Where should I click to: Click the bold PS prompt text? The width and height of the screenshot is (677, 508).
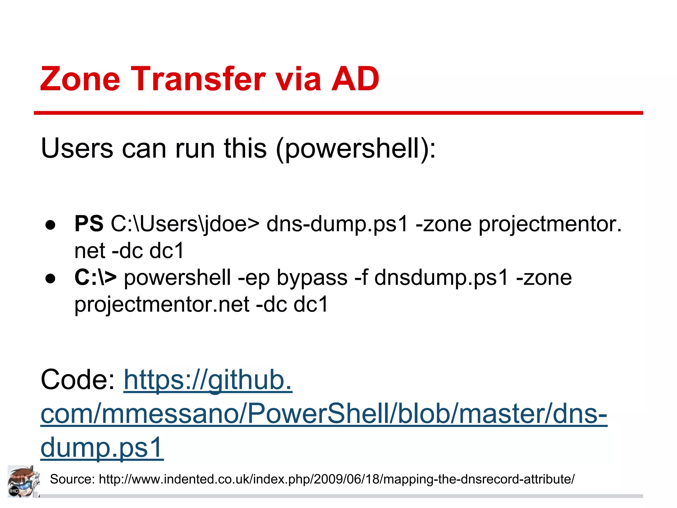click(x=89, y=224)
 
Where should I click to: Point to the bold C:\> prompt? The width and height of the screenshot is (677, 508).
click(x=95, y=277)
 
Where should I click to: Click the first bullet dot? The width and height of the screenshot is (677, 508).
click(x=51, y=225)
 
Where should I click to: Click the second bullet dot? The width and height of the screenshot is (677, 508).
click(x=51, y=278)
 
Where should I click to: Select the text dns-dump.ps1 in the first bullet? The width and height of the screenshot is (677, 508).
click(x=337, y=224)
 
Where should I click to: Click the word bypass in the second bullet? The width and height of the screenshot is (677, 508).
click(x=312, y=278)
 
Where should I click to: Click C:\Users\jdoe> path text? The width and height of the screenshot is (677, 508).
click(x=185, y=224)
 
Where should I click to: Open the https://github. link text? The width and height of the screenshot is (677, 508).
click(x=208, y=380)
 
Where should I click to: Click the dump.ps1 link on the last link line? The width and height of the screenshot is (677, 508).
click(x=102, y=447)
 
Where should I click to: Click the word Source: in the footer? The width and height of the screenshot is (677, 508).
click(x=72, y=479)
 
